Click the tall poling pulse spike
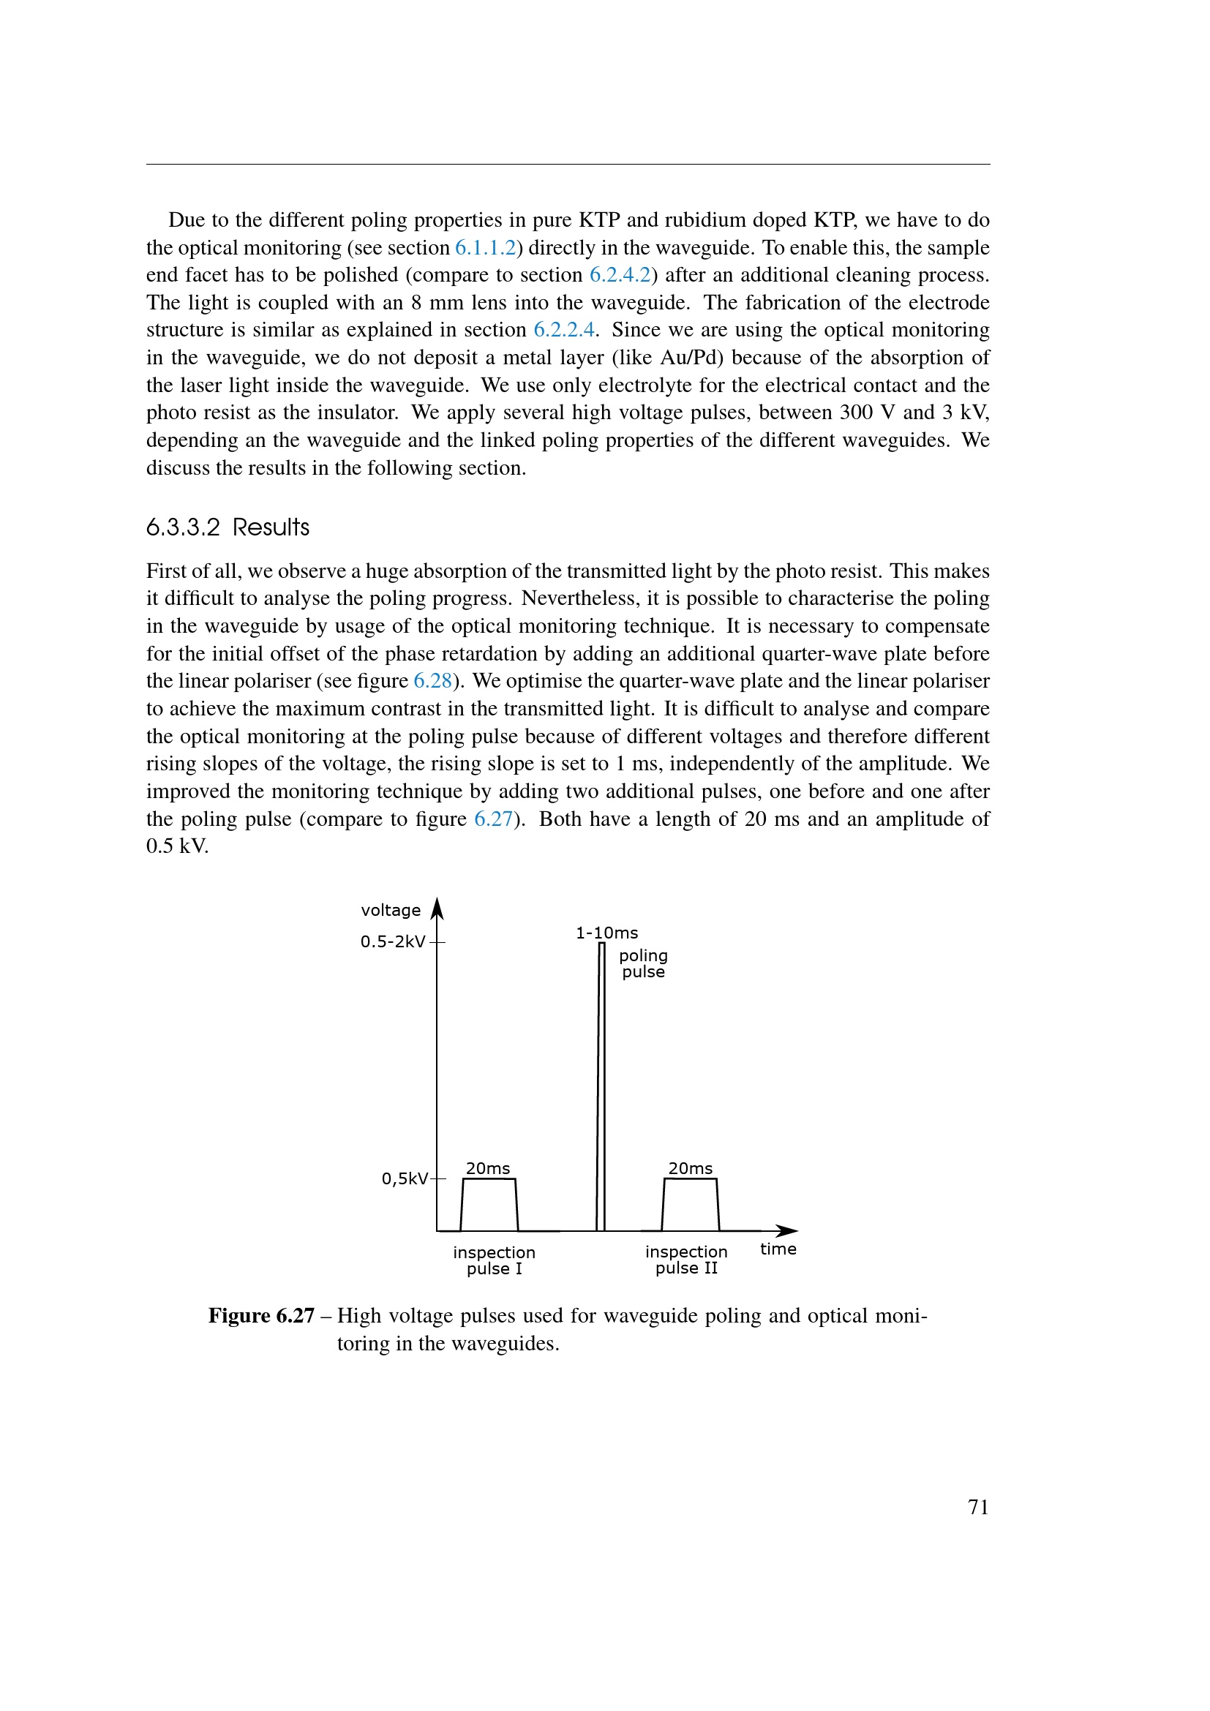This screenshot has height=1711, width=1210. [601, 1088]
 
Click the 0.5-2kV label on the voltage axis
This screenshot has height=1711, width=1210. [393, 942]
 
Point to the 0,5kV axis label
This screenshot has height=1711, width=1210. [405, 1178]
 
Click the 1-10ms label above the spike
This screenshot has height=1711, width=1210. [606, 933]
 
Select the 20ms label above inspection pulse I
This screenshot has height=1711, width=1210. [488, 1168]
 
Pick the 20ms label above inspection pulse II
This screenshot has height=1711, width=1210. [691, 1168]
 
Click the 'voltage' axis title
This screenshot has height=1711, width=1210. [391, 910]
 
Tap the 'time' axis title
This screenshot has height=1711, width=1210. [778, 1249]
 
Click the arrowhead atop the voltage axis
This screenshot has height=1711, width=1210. [437, 909]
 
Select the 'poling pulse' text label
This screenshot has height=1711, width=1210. [643, 963]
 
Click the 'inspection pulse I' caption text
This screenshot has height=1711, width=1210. [494, 1260]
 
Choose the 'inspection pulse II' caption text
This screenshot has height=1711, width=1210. [686, 1260]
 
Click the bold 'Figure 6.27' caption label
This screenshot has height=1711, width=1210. [261, 1316]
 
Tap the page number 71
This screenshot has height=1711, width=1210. [978, 1508]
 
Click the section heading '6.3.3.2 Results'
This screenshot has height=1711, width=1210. [228, 527]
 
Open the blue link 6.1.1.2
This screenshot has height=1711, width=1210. [485, 247]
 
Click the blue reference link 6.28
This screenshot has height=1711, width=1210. [433, 680]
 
